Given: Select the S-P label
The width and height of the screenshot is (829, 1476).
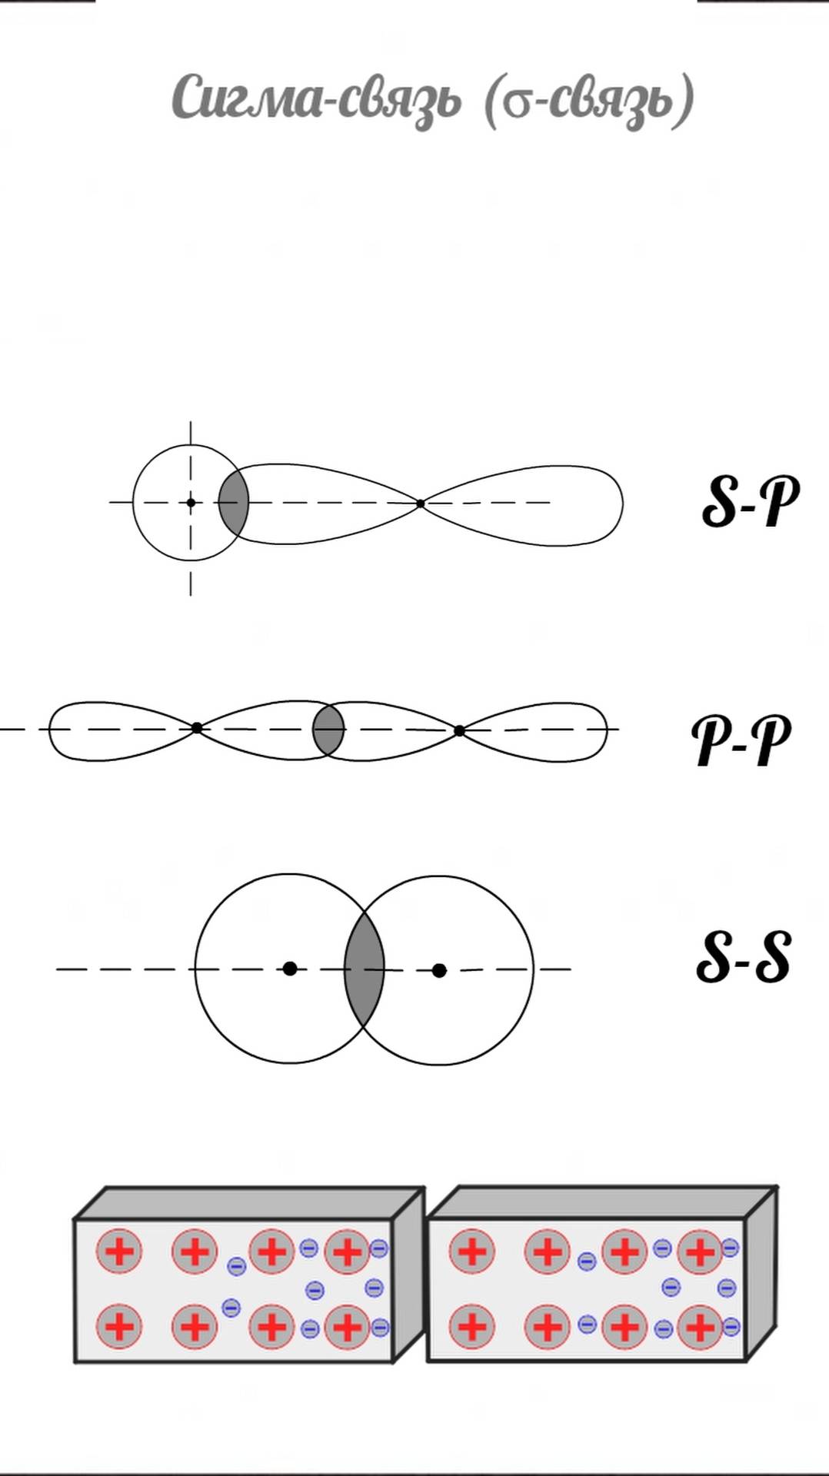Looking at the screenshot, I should click(x=750, y=501).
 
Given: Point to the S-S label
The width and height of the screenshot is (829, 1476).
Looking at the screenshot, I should click(x=743, y=957).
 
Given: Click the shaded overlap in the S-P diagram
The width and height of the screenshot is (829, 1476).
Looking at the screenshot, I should click(x=234, y=503).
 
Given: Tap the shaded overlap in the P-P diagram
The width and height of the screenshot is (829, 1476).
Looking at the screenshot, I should click(x=328, y=729).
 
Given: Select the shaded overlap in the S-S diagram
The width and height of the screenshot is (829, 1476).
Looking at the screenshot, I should click(x=364, y=969).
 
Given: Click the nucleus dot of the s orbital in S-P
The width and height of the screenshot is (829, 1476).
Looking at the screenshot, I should click(x=191, y=503).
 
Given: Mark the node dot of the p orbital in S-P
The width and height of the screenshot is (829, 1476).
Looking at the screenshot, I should click(x=420, y=504).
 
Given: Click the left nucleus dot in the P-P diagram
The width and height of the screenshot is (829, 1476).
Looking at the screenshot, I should click(x=197, y=727).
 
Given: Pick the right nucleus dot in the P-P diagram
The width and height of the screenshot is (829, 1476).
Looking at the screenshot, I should click(x=459, y=730).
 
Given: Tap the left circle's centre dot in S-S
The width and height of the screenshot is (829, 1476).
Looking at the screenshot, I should click(x=290, y=969).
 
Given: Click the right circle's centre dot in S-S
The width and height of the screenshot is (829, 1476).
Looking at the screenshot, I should click(x=439, y=970).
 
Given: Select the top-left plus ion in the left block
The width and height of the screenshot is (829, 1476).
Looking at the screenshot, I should click(x=119, y=1252).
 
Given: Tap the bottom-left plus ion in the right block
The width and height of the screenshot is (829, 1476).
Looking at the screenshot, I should click(x=471, y=1326).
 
